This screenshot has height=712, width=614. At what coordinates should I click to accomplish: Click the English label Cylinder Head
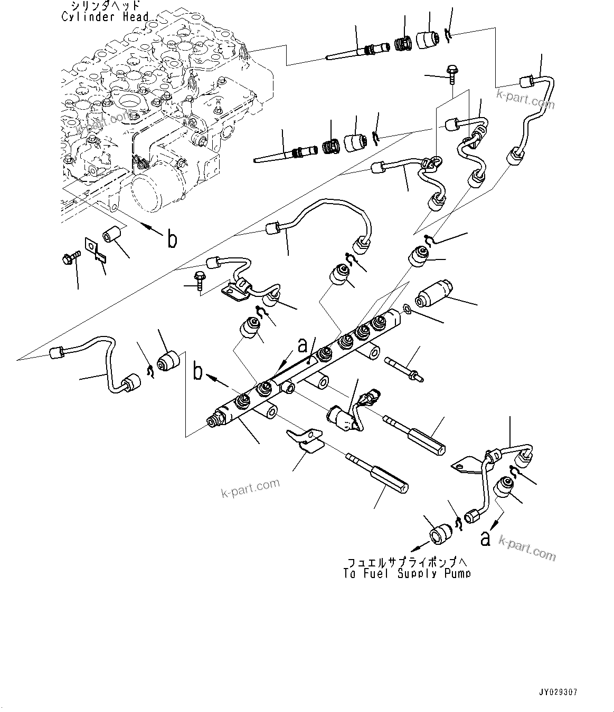105,17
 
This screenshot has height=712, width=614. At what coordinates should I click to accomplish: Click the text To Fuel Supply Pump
406,573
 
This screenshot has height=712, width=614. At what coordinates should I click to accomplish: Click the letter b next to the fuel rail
198,371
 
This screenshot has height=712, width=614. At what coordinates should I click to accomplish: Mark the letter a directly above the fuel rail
302,345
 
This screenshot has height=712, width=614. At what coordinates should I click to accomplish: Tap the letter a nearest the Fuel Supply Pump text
486,538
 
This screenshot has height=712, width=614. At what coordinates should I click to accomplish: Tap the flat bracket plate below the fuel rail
306,439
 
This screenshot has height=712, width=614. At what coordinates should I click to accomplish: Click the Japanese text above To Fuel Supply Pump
406,562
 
